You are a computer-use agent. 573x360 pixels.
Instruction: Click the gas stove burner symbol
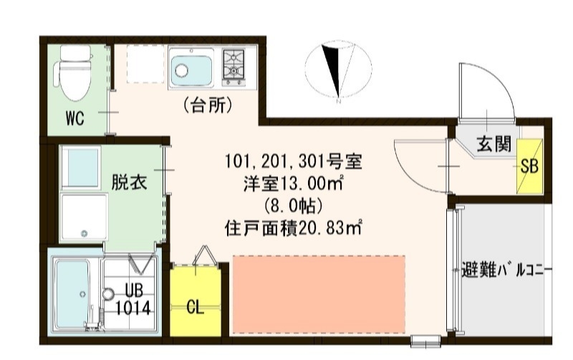click(234, 65)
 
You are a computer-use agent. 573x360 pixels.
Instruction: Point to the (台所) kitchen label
click(208, 106)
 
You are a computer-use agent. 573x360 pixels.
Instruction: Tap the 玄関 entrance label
click(495, 144)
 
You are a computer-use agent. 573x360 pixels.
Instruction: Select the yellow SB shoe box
click(530, 165)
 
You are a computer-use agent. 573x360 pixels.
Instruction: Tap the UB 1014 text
click(135, 301)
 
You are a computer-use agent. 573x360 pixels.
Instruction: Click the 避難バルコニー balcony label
click(506, 271)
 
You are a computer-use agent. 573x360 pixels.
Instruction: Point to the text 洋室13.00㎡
click(293, 183)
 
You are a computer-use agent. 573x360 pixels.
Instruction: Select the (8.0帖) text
click(293, 206)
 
